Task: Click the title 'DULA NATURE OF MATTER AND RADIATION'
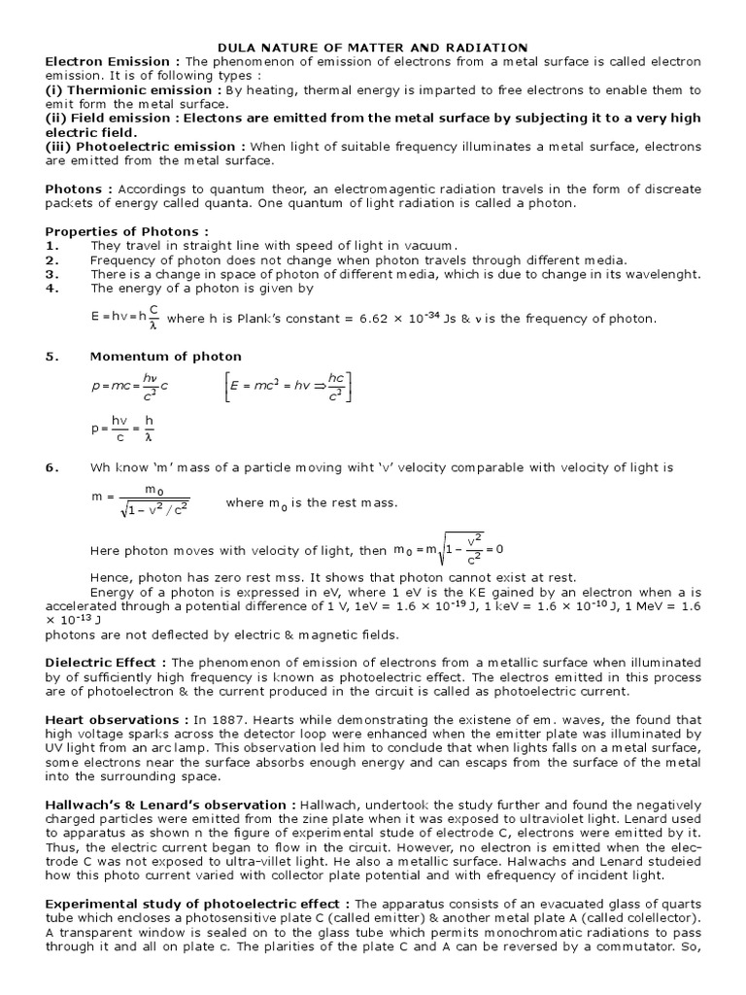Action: click(373, 48)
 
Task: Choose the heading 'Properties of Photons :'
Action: click(126, 231)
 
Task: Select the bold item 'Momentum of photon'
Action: click(152, 357)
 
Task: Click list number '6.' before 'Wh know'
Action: click(52, 467)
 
